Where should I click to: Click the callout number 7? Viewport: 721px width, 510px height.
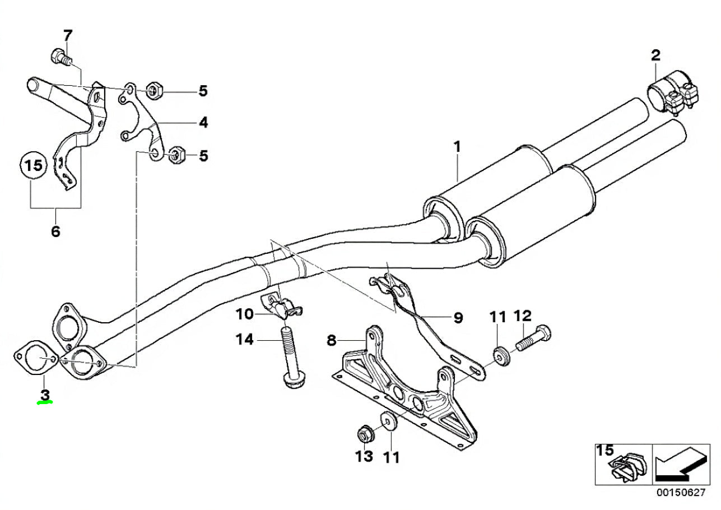click(x=68, y=36)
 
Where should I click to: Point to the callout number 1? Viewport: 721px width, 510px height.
click(x=457, y=147)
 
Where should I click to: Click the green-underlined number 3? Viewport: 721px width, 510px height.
click(x=45, y=395)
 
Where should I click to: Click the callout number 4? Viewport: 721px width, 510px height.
click(x=203, y=122)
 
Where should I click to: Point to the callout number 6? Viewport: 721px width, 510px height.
click(x=55, y=230)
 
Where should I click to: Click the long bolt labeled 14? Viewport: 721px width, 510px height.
click(x=291, y=359)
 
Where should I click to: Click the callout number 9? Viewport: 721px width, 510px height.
click(x=458, y=318)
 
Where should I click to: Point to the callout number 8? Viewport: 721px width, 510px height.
click(x=332, y=340)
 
